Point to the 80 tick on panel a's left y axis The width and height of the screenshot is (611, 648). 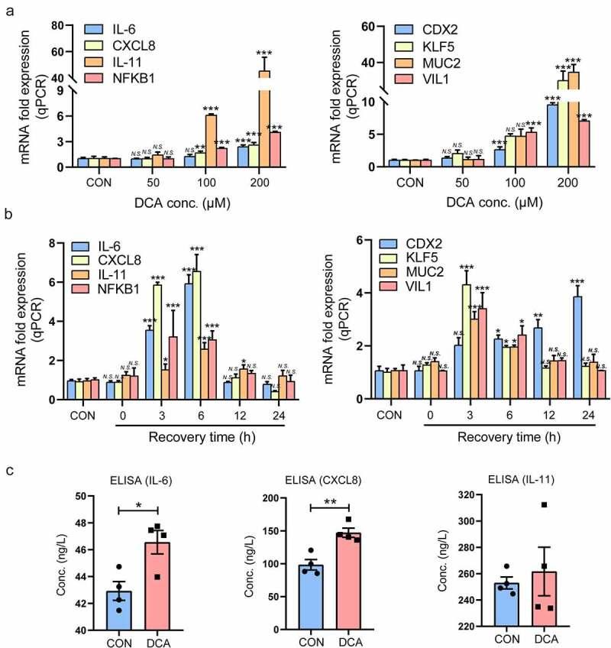tap(56, 26)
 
